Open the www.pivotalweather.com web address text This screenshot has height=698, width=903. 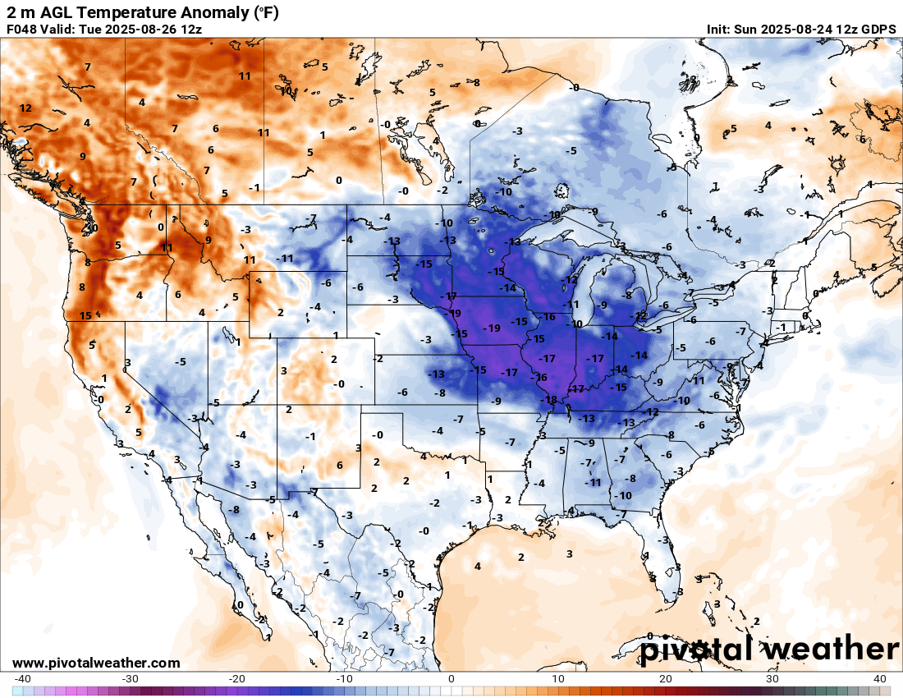pyautogui.click(x=96, y=663)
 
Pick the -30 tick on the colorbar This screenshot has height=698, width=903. pyautogui.click(x=130, y=679)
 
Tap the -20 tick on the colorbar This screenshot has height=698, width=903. pyautogui.click(x=236, y=679)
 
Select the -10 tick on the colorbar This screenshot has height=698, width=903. pyautogui.click(x=344, y=679)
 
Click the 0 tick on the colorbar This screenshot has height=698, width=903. pyautogui.click(x=451, y=679)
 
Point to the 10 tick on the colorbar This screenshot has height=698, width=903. pyautogui.click(x=558, y=679)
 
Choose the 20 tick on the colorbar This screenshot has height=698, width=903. pyautogui.click(x=666, y=679)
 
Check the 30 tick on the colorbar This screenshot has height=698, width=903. pyautogui.click(x=772, y=679)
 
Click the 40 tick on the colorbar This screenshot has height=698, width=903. pyautogui.click(x=880, y=679)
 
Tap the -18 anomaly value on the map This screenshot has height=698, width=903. pyautogui.click(x=550, y=400)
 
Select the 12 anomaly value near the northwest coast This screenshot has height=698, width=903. pyautogui.click(x=26, y=108)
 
